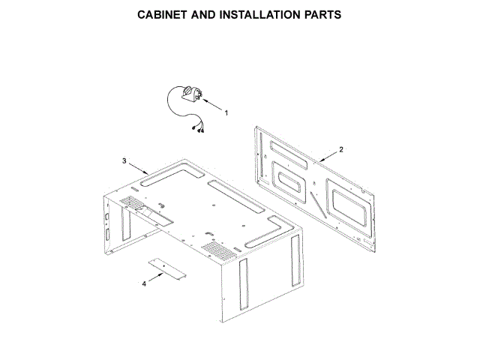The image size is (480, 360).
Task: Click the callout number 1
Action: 227,112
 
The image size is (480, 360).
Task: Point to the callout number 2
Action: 341,149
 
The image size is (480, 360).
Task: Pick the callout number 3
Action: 124,161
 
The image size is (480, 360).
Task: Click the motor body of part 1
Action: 187,94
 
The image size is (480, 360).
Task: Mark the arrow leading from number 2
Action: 328,155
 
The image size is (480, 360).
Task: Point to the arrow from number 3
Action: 138,169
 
